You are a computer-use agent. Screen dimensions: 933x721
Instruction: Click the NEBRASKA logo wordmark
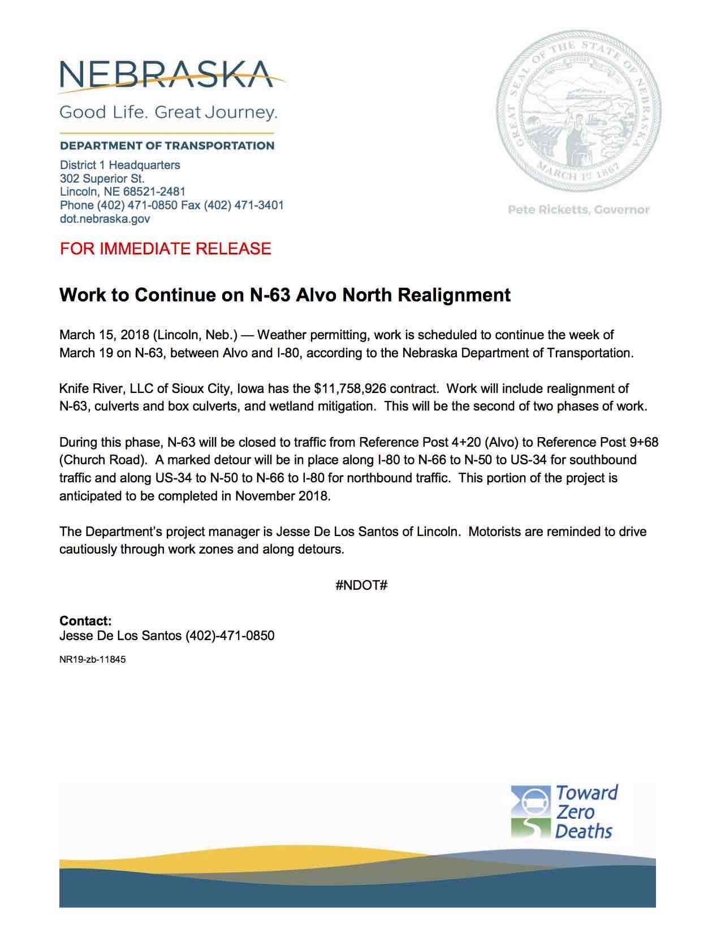167,75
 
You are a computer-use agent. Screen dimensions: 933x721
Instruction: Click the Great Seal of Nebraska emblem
578,110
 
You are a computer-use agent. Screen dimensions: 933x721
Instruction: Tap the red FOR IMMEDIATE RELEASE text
165,249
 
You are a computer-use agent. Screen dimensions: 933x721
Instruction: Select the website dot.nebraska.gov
105,219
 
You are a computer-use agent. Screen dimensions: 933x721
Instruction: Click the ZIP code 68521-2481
154,192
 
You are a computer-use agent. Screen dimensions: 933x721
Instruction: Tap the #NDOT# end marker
361,585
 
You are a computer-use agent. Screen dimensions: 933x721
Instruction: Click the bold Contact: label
85,621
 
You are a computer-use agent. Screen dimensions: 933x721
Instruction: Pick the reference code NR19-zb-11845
92,659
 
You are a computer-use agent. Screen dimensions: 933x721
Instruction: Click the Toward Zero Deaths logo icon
530,811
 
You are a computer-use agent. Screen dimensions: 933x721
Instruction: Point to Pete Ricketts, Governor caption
578,210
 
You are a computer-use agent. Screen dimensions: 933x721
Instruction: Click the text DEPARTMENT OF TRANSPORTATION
167,146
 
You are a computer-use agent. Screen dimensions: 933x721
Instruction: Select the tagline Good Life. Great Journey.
168,112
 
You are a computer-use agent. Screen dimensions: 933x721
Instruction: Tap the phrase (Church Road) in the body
99,460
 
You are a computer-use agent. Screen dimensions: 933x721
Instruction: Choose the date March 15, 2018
104,335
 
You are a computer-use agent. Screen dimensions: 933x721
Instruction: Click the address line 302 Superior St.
102,178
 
